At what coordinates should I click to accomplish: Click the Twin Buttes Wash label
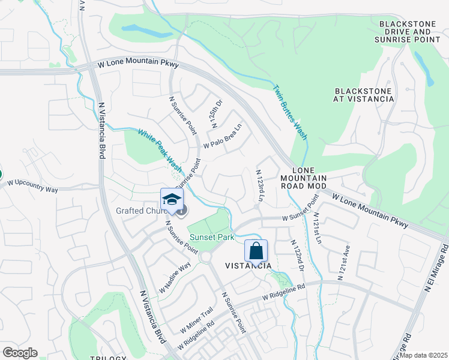pos(290,113)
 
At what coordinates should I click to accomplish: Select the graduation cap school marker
pos(171,200)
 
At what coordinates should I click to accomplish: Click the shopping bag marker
pos(256,251)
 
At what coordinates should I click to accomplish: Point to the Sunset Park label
pos(211,238)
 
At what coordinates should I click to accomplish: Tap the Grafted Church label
pos(139,211)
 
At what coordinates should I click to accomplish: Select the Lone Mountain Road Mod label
pos(304,178)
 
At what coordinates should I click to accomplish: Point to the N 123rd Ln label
pos(260,183)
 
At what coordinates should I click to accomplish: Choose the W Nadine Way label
pos(175,277)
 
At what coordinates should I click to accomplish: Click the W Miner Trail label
pos(196,321)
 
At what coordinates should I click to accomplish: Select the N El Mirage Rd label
pos(436,268)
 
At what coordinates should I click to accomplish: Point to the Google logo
pos(20,353)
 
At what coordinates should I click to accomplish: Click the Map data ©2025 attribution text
pos(423,355)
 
